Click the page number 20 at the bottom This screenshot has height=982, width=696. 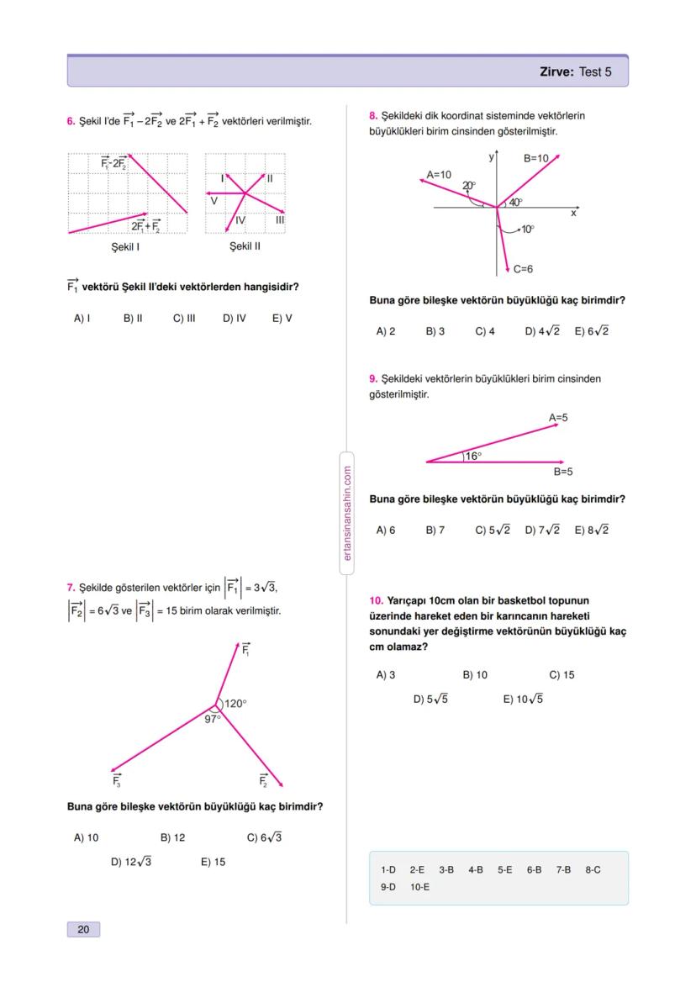click(x=82, y=929)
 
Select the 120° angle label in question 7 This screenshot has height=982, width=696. click(x=235, y=704)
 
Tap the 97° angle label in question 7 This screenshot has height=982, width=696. click(x=213, y=719)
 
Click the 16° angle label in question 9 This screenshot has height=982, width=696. click(x=473, y=456)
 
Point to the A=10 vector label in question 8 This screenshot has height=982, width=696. click(x=439, y=174)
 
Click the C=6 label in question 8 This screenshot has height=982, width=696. click(x=524, y=269)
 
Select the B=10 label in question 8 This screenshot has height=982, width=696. click(x=535, y=157)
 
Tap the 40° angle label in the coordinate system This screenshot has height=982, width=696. click(x=514, y=202)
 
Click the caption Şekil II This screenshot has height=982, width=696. click(x=245, y=247)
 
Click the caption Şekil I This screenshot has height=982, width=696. click(x=125, y=247)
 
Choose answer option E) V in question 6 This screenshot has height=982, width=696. click(x=282, y=318)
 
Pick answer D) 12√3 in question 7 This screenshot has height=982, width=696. click(x=131, y=862)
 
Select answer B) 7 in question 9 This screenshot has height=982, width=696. click(x=435, y=531)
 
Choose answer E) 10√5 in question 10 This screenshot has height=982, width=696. click(x=523, y=699)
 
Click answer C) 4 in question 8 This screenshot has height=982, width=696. click(x=485, y=331)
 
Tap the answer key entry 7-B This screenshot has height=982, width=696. click(x=563, y=869)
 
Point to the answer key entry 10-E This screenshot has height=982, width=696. click(x=419, y=886)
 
